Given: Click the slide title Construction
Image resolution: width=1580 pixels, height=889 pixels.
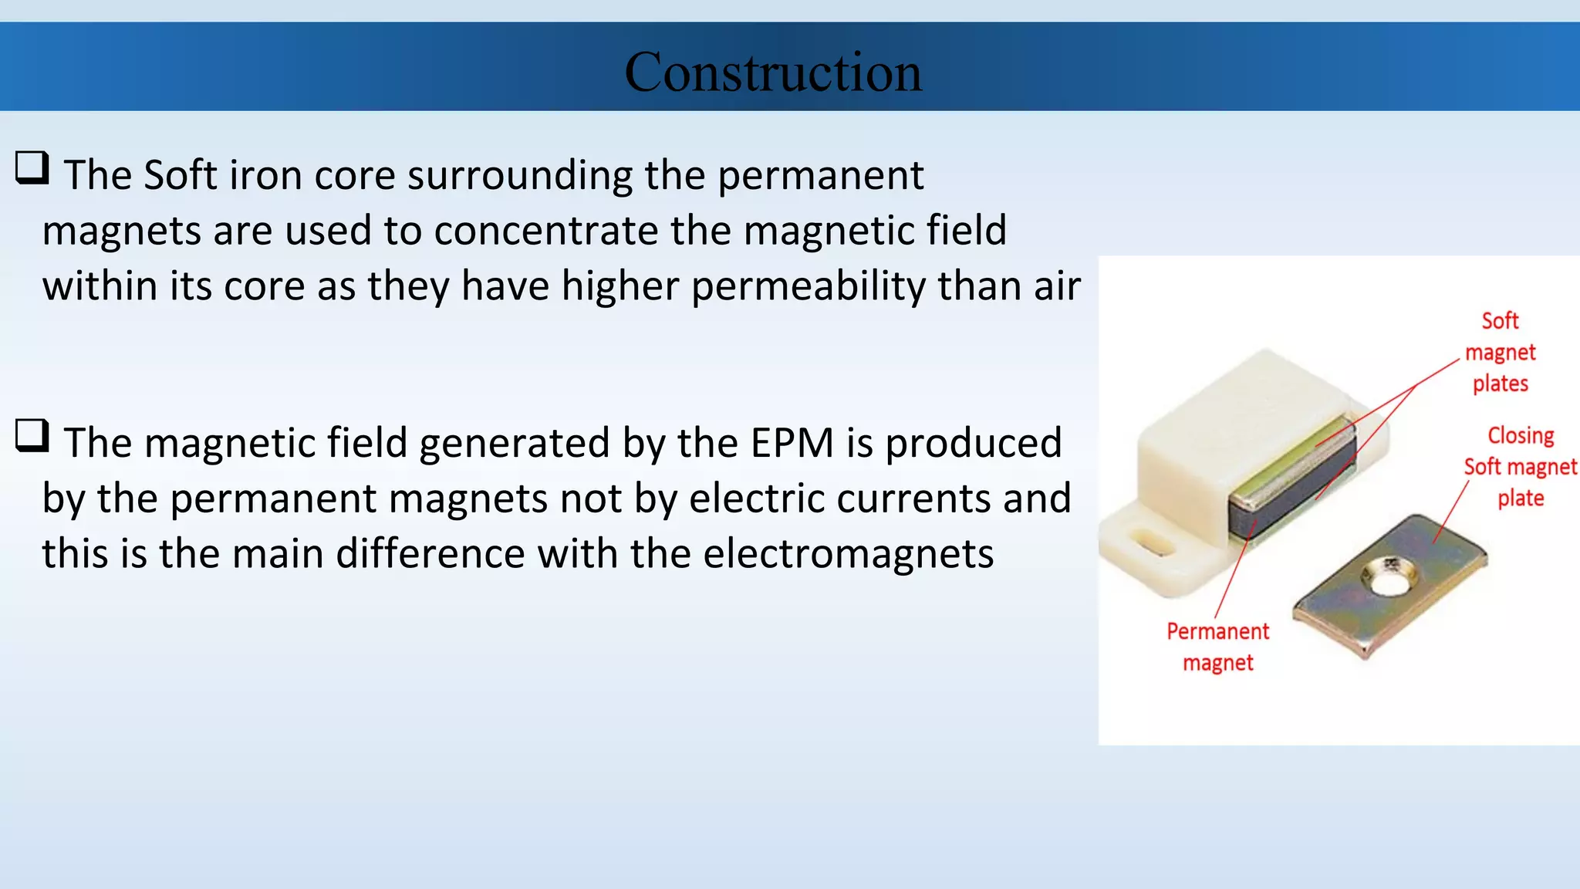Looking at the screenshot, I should [773, 72].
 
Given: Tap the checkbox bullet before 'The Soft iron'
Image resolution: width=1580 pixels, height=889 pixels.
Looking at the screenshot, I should [32, 168].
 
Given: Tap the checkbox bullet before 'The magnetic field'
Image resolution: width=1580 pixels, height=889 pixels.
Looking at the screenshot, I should [32, 436].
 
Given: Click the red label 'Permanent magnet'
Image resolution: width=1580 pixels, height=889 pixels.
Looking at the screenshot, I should [1217, 647].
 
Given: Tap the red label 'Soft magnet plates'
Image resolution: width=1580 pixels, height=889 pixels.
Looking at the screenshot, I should [1500, 352].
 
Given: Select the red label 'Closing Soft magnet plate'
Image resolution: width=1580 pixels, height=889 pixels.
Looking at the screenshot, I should [1520, 467].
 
